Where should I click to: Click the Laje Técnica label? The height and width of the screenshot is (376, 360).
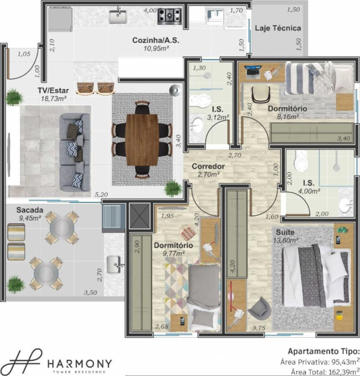pos(277,28)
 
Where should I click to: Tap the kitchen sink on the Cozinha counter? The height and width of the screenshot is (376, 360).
pos(118,16)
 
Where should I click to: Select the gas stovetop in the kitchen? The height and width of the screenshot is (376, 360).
pos(170,16)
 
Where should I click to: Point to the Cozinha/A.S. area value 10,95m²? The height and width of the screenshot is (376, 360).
pos(157,48)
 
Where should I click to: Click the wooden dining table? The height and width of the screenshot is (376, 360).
pos(141,140)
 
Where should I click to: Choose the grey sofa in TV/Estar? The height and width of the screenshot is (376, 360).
pos(75,152)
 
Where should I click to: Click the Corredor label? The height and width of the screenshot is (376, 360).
pos(208,166)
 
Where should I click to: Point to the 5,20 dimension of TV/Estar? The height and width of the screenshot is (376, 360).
pos(101,194)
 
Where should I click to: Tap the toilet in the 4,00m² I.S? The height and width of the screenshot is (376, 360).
pos(301,160)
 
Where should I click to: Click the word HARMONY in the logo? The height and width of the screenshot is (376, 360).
pos(80,363)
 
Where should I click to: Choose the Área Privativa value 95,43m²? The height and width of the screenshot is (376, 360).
pos(346,362)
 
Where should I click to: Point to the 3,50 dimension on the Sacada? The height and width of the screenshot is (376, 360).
pos(90,293)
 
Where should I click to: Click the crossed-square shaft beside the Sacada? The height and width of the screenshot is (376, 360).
pos(140,216)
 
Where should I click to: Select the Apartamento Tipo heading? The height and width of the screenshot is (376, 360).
pos(324,352)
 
